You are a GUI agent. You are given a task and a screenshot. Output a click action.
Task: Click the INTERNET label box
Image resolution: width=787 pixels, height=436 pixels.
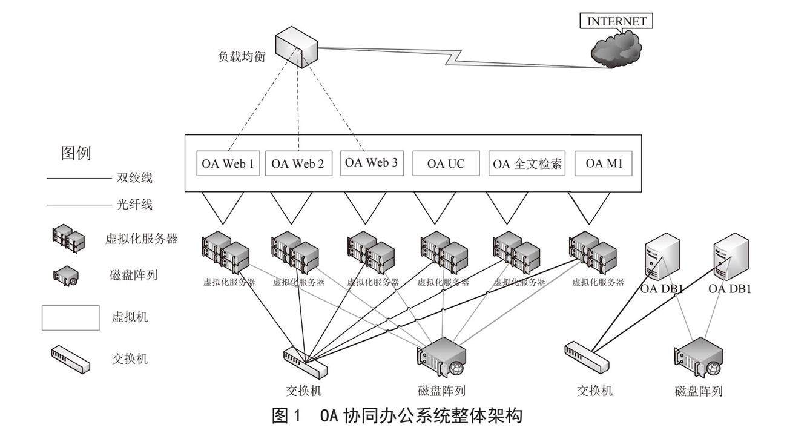point(617,21)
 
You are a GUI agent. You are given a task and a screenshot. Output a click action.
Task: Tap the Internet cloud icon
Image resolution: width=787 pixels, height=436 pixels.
point(616,48)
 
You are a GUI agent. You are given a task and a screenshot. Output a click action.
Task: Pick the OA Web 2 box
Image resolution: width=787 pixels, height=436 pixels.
point(298,163)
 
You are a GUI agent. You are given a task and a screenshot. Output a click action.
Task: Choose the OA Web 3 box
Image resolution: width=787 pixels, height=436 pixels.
point(371,163)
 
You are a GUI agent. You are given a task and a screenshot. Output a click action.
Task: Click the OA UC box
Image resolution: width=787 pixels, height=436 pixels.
point(446,163)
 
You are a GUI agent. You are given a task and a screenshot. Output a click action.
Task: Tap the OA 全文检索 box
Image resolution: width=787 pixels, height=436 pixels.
point(527,163)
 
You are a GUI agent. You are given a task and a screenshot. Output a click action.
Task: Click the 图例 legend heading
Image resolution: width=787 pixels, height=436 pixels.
point(76,153)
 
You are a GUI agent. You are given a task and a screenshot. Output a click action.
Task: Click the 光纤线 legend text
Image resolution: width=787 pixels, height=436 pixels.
point(134,205)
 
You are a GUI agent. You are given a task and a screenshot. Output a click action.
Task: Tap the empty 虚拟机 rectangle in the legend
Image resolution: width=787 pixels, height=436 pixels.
point(70,318)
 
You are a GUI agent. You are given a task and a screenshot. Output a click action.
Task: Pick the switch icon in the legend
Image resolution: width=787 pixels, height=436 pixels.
point(70,358)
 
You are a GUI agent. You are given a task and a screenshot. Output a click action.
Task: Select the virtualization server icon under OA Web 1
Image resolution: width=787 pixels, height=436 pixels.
point(226,252)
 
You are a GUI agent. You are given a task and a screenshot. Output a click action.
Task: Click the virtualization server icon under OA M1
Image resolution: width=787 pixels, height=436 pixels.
point(593,252)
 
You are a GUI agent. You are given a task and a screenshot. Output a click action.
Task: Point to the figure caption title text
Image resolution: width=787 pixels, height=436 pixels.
point(397,417)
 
